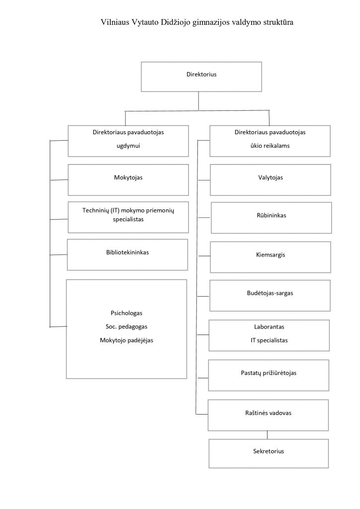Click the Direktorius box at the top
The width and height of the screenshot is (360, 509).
coord(201,77)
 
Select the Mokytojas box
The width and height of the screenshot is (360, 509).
coord(128,180)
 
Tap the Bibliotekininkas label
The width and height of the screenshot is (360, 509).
coord(128,252)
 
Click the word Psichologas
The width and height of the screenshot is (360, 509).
coord(127,313)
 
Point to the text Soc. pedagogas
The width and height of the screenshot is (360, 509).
coord(127,327)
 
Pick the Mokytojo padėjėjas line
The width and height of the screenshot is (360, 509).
coord(127,340)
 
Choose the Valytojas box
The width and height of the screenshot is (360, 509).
coord(270,180)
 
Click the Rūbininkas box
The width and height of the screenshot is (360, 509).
coord(271,218)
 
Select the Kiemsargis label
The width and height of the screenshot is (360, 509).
coord(270,255)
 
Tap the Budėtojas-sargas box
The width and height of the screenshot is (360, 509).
coord(270,296)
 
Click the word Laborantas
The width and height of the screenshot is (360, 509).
coord(269,327)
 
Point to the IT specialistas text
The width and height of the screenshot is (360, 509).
coord(269,340)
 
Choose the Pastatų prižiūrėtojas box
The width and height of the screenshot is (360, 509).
coord(269,375)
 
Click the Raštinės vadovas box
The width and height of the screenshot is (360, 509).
coord(268,415)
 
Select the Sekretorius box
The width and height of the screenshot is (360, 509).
coord(269,453)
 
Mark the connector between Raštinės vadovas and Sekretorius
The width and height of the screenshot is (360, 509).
coord(267,435)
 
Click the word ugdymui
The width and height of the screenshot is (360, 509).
coord(128,146)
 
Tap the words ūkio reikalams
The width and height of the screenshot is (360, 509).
coord(270,146)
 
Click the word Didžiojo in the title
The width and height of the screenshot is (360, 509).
coord(176,22)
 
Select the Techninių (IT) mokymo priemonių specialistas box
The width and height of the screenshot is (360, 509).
coord(128,217)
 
